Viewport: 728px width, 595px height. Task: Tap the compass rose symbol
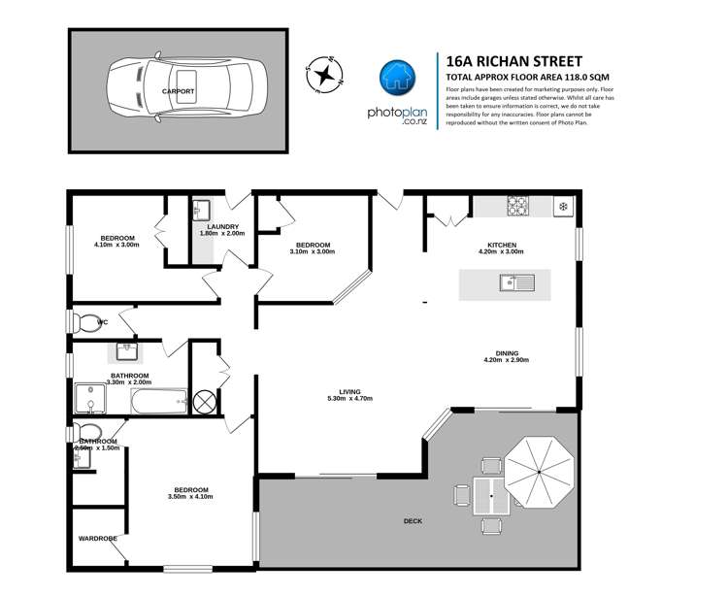point(327,75)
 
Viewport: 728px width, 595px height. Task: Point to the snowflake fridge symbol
point(562,206)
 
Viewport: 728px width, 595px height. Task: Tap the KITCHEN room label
point(502,245)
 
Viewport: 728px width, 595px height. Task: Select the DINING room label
point(506,353)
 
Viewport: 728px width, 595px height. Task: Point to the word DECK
point(414,521)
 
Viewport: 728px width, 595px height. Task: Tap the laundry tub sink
point(201,211)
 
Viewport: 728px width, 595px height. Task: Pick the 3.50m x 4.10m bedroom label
point(190,493)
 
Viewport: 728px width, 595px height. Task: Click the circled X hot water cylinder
point(206,399)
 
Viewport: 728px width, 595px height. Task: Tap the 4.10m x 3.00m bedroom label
point(116,241)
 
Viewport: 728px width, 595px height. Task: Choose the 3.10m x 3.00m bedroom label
point(313,248)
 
